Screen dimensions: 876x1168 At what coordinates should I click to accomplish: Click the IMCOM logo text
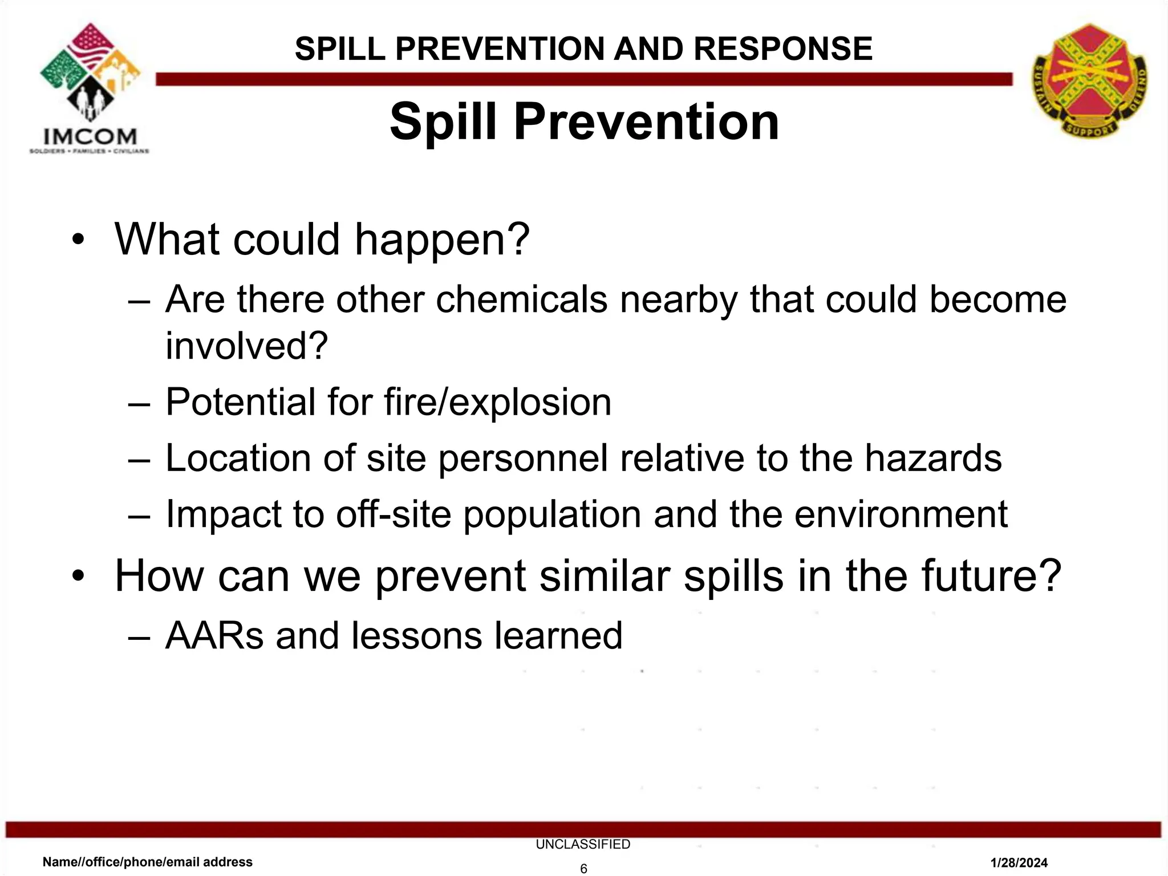point(90,137)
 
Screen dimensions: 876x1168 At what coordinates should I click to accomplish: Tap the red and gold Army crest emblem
point(1089,80)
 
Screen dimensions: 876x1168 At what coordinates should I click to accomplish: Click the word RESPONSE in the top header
point(783,48)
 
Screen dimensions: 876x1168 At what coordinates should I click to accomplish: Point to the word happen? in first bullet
point(442,240)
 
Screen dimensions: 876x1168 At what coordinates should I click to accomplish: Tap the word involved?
point(246,346)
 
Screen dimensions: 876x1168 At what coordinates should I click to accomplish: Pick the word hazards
point(933,458)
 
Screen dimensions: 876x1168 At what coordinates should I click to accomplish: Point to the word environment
point(901,514)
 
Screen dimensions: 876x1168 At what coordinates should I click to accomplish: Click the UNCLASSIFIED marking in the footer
point(583,844)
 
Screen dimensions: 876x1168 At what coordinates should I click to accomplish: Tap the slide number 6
point(583,869)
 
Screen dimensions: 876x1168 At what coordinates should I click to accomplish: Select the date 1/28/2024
point(1019,863)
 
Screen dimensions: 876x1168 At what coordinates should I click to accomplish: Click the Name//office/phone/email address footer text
point(148,862)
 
